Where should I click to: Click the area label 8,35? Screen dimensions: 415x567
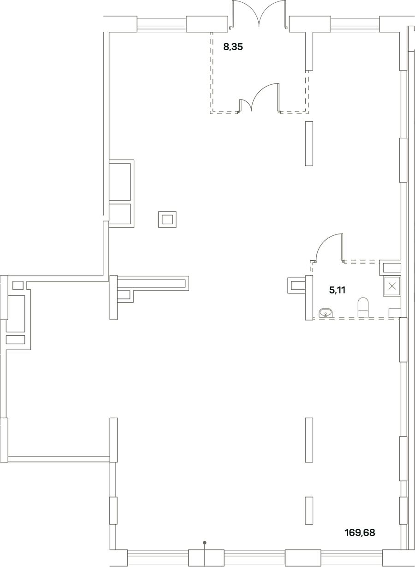point(233,47)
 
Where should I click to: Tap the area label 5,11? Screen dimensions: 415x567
point(337,290)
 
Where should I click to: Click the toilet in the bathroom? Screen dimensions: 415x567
point(363,307)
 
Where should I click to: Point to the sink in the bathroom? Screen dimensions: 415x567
point(326,313)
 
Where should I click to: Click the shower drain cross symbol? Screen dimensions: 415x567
point(392,286)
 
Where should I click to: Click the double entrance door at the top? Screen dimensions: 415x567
point(259,14)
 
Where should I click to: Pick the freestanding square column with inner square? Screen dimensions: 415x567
point(167,219)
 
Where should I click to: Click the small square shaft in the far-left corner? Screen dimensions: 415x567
point(18,286)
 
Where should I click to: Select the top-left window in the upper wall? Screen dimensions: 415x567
point(162,24)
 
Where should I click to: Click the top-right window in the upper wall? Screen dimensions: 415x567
point(355,24)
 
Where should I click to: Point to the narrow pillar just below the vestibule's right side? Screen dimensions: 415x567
point(309,144)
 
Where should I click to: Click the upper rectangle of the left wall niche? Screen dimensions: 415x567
point(119,182)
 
